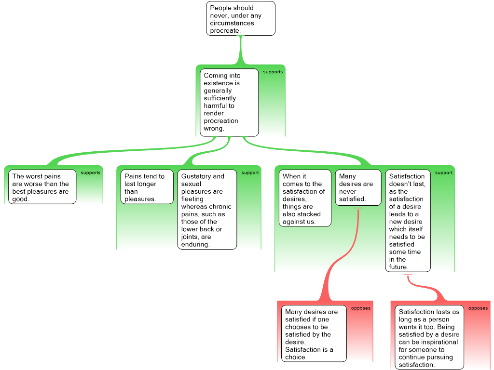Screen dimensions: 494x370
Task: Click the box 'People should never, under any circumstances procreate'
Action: tap(241, 19)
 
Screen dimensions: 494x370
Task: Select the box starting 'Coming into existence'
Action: tap(229, 103)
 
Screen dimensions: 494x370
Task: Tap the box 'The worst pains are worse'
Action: tap(42, 187)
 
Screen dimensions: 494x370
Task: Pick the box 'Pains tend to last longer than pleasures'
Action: tap(147, 187)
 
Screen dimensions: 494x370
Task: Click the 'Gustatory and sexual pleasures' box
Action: tap(207, 210)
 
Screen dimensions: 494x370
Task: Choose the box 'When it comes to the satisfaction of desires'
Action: tap(305, 198)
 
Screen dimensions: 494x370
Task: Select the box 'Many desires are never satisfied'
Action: tap(358, 188)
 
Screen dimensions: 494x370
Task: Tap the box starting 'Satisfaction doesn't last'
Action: tap(408, 221)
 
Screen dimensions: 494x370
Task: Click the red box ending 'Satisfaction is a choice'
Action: tap(314, 334)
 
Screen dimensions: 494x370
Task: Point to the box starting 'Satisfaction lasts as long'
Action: tap(429, 337)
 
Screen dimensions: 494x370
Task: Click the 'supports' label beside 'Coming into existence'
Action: tap(273, 72)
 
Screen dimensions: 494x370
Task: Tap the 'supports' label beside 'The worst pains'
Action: tap(90, 173)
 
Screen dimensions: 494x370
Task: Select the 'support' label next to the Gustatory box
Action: tap(250, 173)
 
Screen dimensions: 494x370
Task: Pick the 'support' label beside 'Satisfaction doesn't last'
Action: tap(444, 173)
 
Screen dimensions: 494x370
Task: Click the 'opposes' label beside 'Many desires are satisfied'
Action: tap(361, 308)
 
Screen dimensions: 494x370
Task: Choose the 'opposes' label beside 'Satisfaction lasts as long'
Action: tap(478, 308)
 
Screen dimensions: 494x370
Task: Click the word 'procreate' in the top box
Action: tap(225, 30)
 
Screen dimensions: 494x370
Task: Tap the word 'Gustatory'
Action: tap(192, 176)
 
